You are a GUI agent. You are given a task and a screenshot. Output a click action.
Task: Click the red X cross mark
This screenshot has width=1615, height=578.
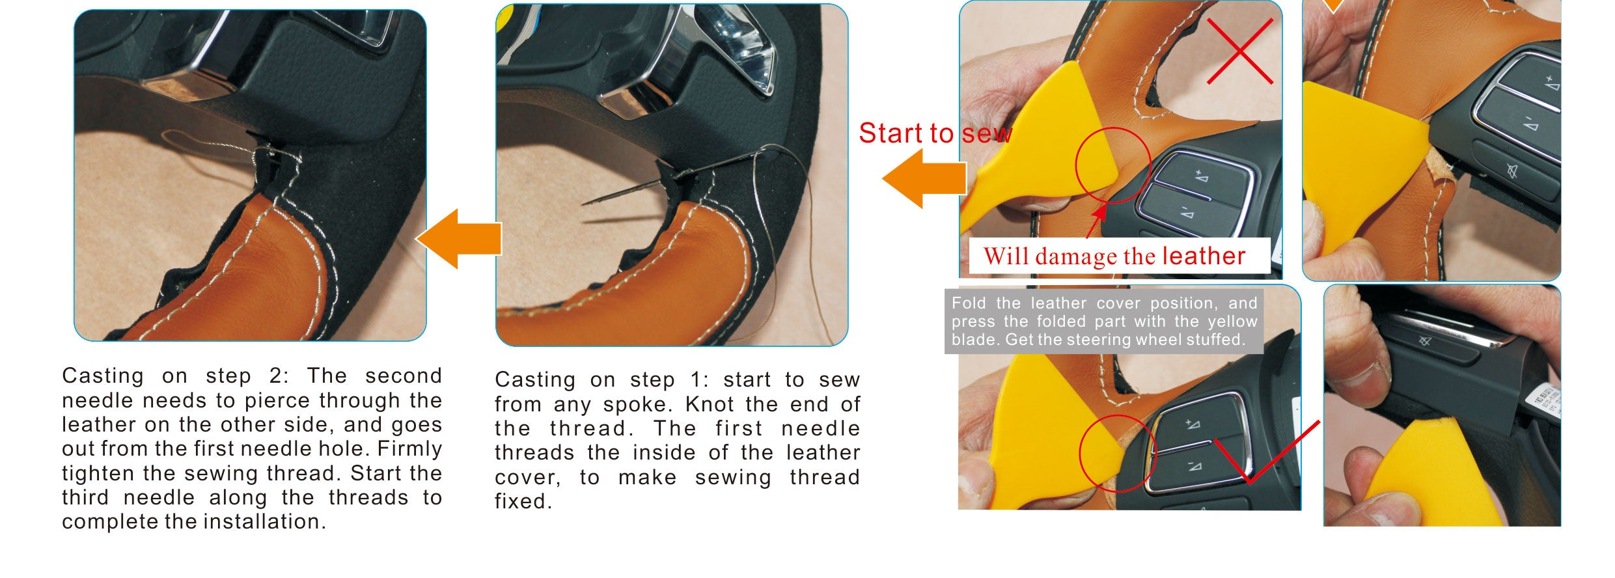[x=1239, y=51]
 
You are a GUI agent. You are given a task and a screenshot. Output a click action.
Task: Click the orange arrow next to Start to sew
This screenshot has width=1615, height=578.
[x=924, y=178]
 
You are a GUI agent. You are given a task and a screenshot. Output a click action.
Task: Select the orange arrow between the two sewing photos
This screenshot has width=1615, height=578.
[x=458, y=239]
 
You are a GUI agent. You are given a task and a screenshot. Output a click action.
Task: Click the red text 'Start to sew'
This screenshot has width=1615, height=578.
[x=935, y=133]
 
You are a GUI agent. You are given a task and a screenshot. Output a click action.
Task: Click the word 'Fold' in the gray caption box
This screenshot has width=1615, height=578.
[x=968, y=303]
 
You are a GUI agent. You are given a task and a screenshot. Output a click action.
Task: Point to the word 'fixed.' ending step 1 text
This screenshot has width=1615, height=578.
[x=523, y=502]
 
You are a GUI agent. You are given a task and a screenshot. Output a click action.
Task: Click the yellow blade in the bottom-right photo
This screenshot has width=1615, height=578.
[x=1432, y=475]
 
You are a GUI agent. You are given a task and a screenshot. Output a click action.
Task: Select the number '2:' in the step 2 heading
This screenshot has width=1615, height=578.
[x=279, y=376]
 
